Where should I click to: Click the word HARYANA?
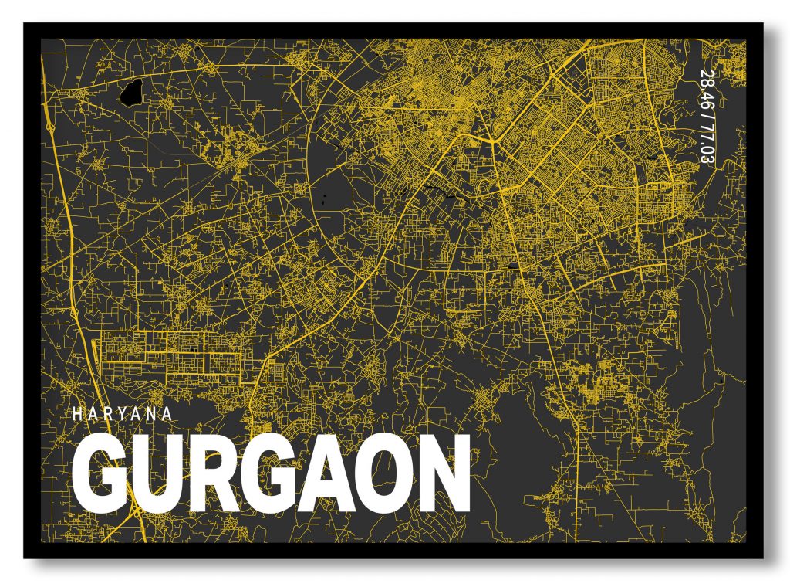click(123, 413)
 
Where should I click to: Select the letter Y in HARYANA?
click(123, 413)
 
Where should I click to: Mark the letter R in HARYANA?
click(107, 413)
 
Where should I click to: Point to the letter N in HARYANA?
click(152, 413)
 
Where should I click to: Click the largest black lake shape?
click(130, 93)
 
